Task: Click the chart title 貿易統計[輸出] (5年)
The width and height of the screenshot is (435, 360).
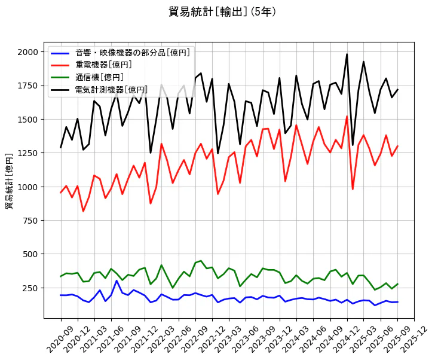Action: pos(222,11)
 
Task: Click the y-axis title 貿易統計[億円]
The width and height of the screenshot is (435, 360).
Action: pos(10,181)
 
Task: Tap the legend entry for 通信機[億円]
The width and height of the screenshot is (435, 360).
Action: pos(99,77)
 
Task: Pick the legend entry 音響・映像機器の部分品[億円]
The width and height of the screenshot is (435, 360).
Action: pos(132,53)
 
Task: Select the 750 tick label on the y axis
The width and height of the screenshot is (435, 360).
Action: pos(29,221)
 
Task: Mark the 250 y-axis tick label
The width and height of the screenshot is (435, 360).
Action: pos(29,288)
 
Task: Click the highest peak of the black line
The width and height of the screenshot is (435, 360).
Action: pos(347,54)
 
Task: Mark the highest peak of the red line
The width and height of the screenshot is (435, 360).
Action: pos(347,117)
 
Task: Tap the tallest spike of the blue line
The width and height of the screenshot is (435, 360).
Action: pos(117,280)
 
